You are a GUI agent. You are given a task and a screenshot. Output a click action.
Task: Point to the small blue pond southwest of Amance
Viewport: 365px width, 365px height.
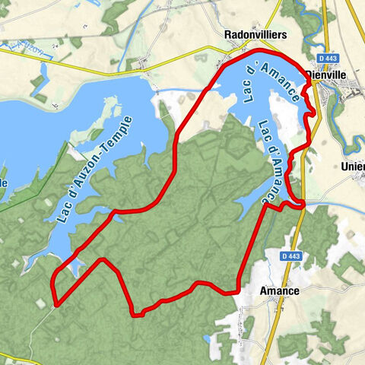[208, 340]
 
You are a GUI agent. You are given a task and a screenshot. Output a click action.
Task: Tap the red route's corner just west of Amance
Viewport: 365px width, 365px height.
[239, 289]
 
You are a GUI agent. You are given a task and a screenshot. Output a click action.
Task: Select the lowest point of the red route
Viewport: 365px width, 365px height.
[136, 314]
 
